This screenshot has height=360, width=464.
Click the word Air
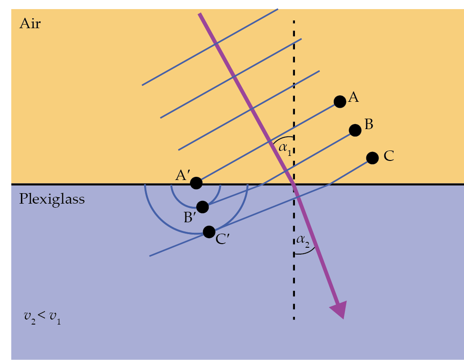tap(30, 24)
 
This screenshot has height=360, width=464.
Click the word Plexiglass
tap(52, 199)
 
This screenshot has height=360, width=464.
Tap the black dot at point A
tap(339, 102)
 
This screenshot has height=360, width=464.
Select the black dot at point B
tap(355, 130)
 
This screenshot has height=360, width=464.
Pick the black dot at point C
tap(372, 158)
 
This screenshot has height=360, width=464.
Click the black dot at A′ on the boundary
tap(196, 183)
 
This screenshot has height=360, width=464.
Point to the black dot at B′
tap(203, 207)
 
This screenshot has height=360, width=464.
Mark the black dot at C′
tap(209, 232)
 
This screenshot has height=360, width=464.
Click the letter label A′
tap(183, 175)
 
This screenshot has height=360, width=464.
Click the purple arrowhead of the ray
tap(339, 310)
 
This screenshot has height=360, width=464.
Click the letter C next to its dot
tap(389, 156)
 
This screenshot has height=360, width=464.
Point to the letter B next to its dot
tap(369, 125)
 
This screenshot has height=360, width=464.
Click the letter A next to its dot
tap(354, 97)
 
